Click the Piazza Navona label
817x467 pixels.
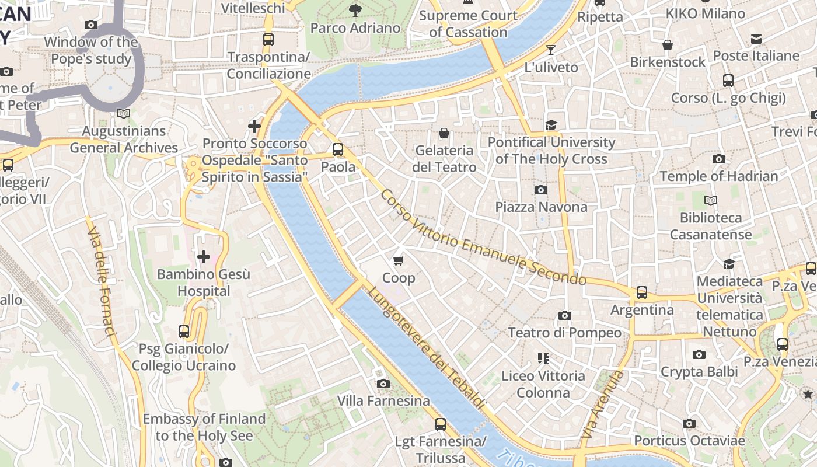(541, 207)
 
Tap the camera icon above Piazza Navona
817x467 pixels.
(541, 190)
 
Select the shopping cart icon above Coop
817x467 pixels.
(399, 260)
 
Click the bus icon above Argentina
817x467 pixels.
(642, 292)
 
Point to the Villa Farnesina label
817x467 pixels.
(383, 401)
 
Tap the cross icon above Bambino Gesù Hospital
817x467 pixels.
(204, 256)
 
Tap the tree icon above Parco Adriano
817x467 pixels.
(355, 10)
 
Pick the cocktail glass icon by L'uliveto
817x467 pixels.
(550, 50)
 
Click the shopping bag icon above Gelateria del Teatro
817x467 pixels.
(444, 133)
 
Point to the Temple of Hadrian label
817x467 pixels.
(718, 176)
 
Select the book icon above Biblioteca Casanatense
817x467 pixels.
(710, 200)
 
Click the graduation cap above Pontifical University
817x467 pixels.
(551, 124)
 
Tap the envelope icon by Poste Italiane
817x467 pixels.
(756, 39)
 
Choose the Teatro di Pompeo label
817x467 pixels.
(564, 333)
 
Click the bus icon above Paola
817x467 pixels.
(338, 149)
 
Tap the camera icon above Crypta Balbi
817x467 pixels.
(699, 354)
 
